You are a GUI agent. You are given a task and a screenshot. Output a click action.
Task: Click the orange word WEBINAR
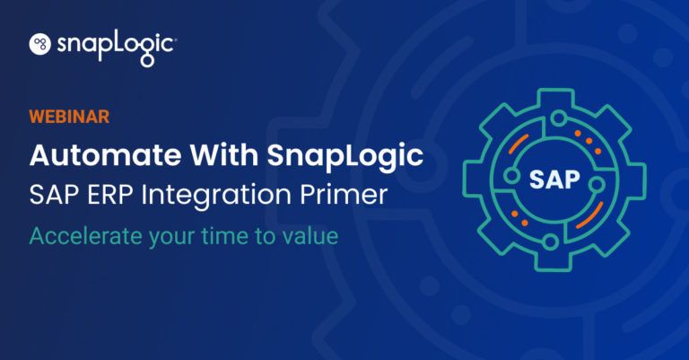[x=70, y=118]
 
